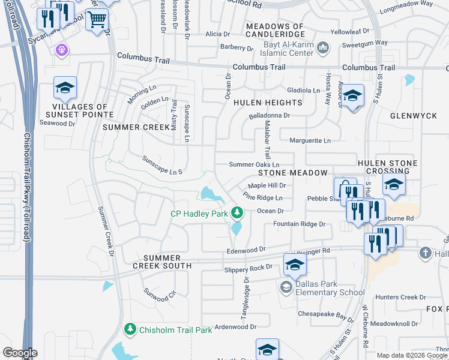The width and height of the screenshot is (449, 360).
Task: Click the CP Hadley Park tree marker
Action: coord(238,212)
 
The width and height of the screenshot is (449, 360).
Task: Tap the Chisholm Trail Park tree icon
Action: coord(130,329)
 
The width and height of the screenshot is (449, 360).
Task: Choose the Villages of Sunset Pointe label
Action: coord(79,110)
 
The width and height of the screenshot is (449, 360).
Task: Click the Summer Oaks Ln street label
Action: coord(255,164)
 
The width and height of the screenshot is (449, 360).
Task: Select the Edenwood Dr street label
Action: coord(246,249)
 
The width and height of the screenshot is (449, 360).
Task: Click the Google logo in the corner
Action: coord(20,353)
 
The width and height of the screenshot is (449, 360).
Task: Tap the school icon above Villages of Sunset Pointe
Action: coord(65,88)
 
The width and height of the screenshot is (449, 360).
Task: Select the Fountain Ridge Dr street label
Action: coord(299,224)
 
